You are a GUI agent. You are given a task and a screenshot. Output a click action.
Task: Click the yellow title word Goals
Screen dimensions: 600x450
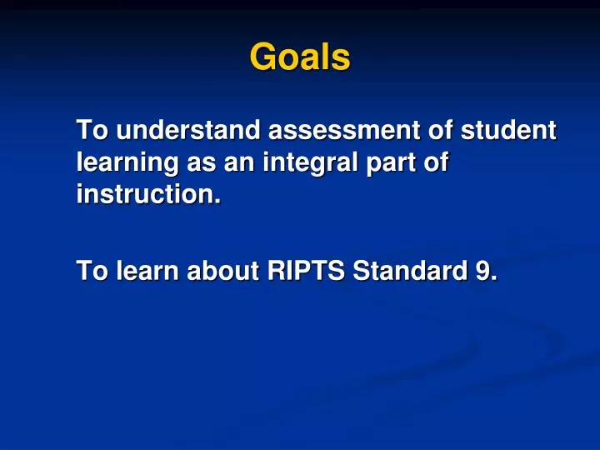(300, 57)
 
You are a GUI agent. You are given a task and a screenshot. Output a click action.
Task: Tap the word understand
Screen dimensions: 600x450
(188, 130)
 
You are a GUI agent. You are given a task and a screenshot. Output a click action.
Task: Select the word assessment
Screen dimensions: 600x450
(344, 130)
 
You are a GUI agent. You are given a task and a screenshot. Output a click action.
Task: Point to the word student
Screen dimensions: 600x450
(508, 130)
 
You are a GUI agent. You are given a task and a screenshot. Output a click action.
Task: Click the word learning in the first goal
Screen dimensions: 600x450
(127, 162)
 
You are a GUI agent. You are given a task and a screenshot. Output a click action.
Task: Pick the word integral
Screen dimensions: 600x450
(310, 162)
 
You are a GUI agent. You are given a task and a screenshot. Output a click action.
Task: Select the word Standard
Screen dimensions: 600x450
(410, 270)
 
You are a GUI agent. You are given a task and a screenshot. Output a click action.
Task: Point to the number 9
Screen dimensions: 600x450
(482, 270)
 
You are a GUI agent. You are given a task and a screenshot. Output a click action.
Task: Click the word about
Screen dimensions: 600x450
(222, 270)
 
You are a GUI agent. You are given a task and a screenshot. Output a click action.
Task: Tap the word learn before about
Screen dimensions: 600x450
(147, 270)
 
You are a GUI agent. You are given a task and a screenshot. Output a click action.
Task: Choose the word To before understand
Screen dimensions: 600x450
(92, 130)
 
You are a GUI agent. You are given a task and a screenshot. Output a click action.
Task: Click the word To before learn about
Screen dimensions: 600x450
(92, 270)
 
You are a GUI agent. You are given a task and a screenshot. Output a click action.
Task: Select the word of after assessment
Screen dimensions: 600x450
(441, 130)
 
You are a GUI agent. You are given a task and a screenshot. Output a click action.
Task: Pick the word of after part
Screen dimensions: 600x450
(436, 162)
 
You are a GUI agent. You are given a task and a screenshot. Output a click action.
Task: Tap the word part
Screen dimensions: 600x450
(391, 163)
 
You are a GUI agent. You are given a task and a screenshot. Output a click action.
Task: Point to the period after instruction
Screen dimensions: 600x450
(217, 202)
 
